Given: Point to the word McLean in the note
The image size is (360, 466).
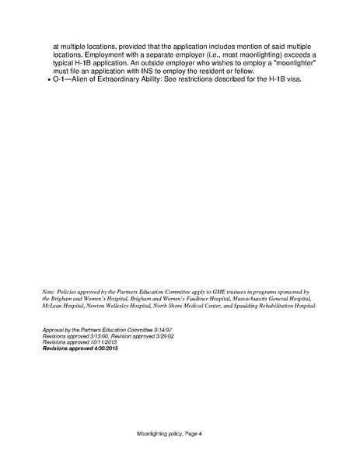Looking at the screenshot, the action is click(x=53, y=306).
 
